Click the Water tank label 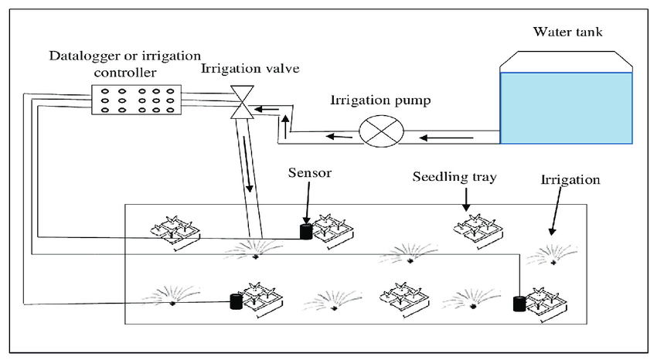tap(568, 32)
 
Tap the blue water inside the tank tap(566, 108)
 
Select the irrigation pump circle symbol tap(381, 131)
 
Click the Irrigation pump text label tap(380, 100)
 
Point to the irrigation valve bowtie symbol tap(242, 102)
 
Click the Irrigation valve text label tap(250, 68)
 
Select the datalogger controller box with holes tap(137, 100)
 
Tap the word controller tap(125, 73)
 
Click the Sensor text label tap(310, 173)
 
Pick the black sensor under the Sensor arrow tap(306, 232)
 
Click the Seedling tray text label tap(454, 177)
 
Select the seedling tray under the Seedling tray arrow tap(478, 231)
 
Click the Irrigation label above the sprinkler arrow tap(570, 180)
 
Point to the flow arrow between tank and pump tap(447, 138)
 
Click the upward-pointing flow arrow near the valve tap(286, 127)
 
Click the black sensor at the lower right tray tap(519, 304)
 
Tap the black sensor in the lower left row tap(237, 301)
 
